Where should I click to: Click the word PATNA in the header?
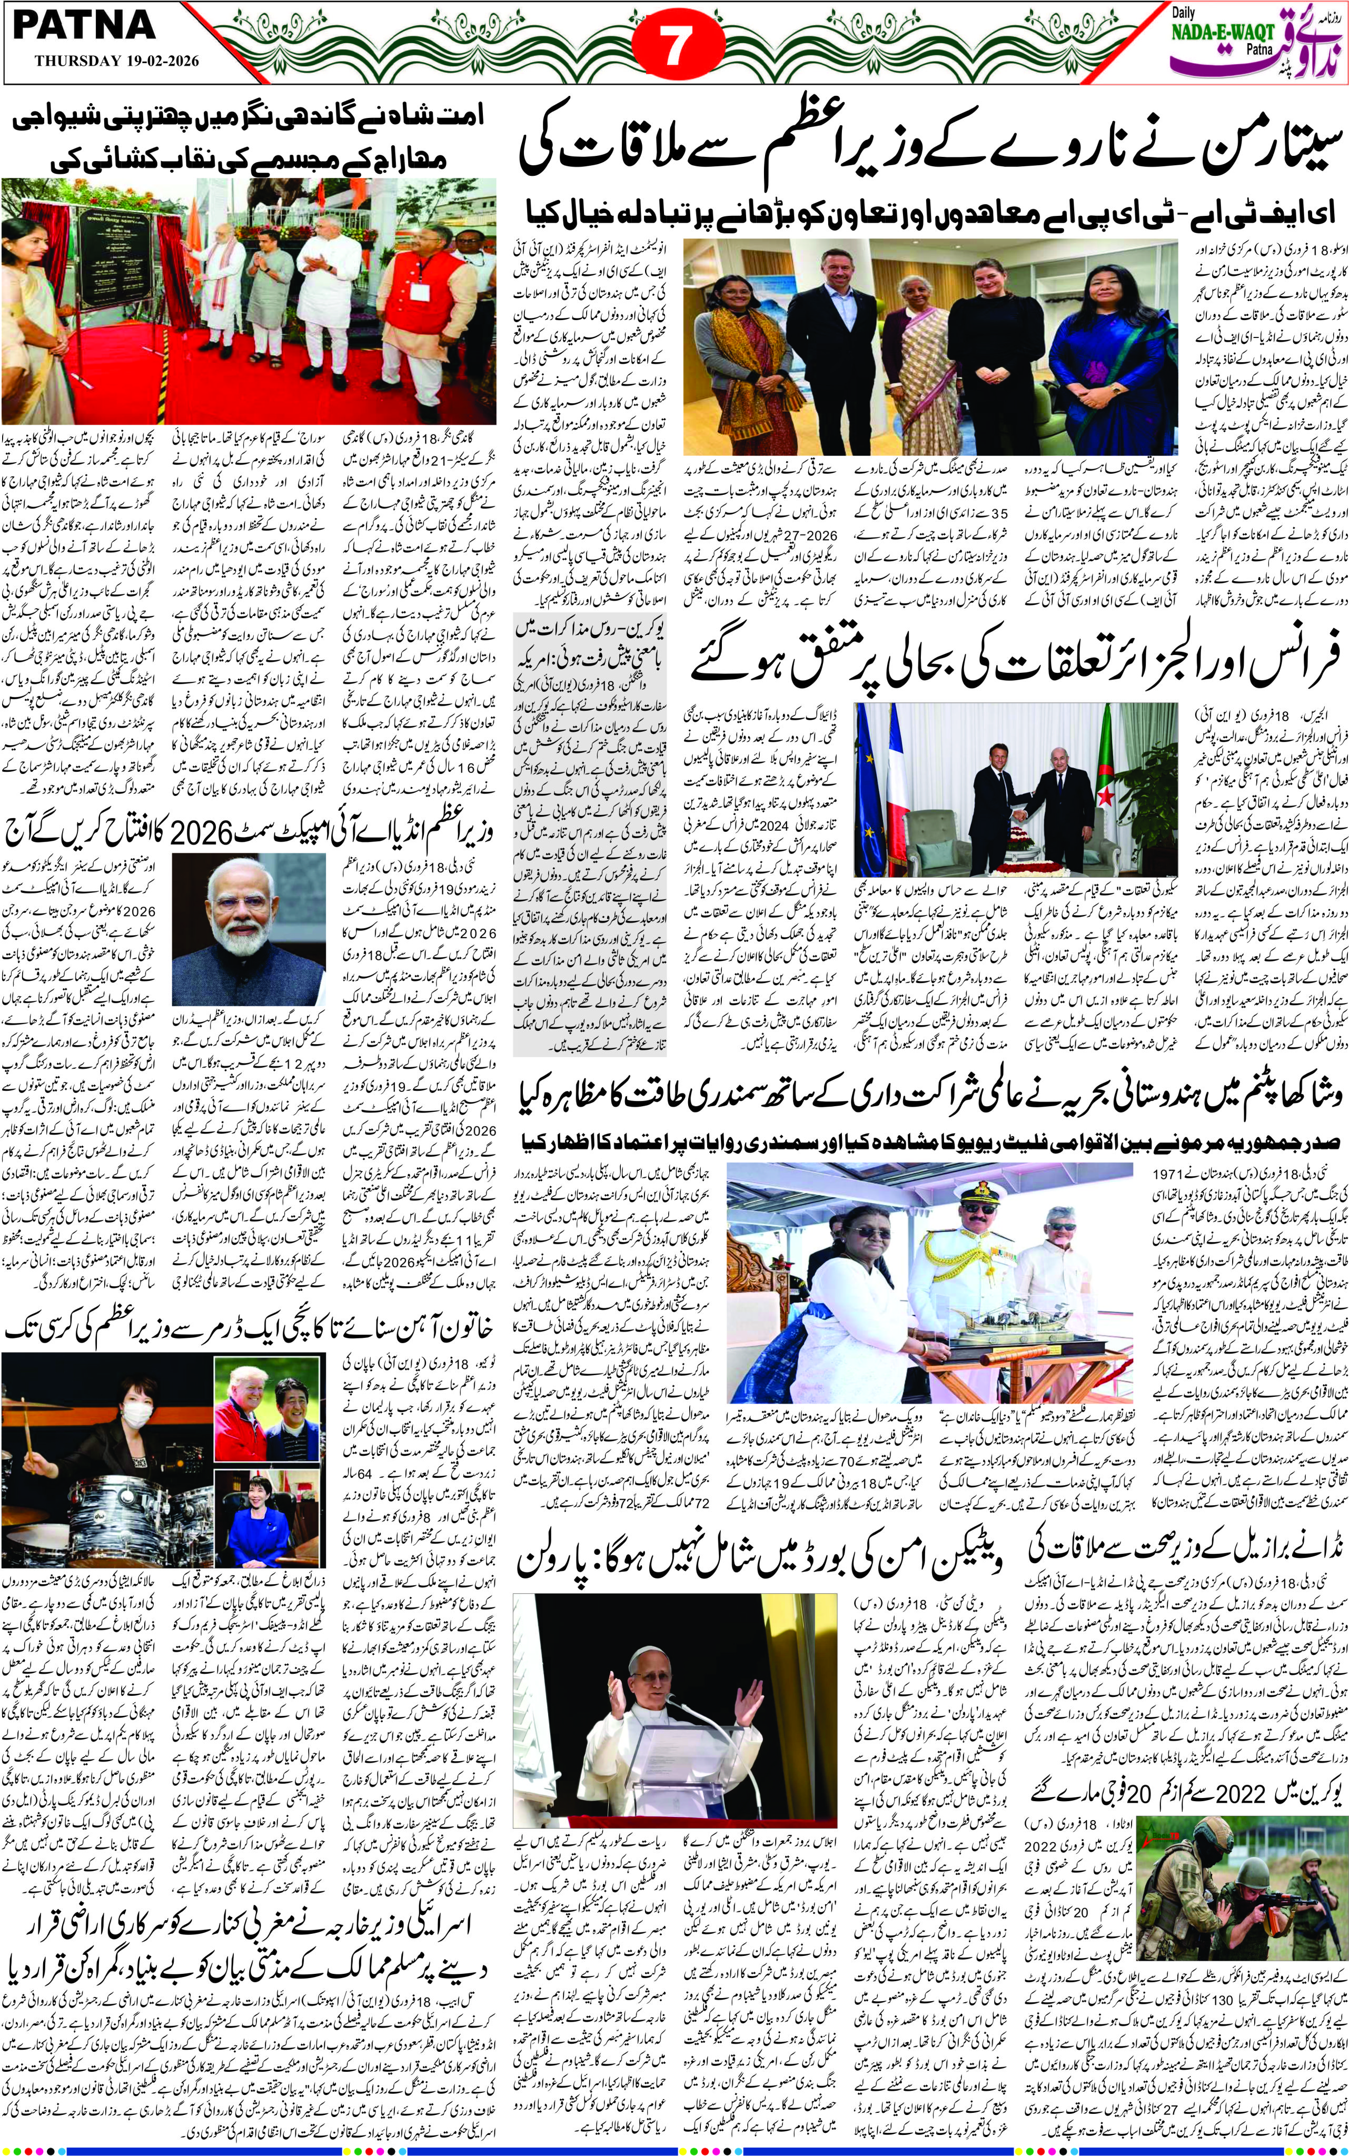[x=85, y=27]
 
